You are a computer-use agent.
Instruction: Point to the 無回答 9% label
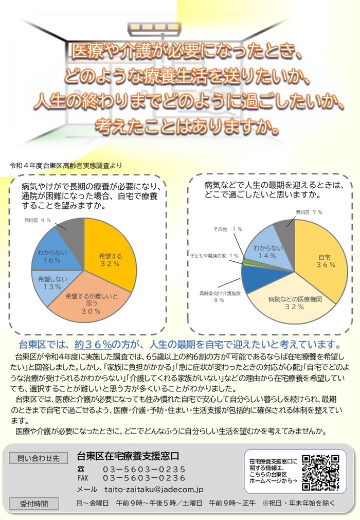38,220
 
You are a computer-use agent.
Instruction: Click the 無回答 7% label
309,212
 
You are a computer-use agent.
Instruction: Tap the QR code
320,472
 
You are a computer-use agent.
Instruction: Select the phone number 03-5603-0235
144,469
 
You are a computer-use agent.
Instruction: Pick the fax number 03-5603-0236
144,478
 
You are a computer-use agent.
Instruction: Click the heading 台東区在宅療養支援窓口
128,456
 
